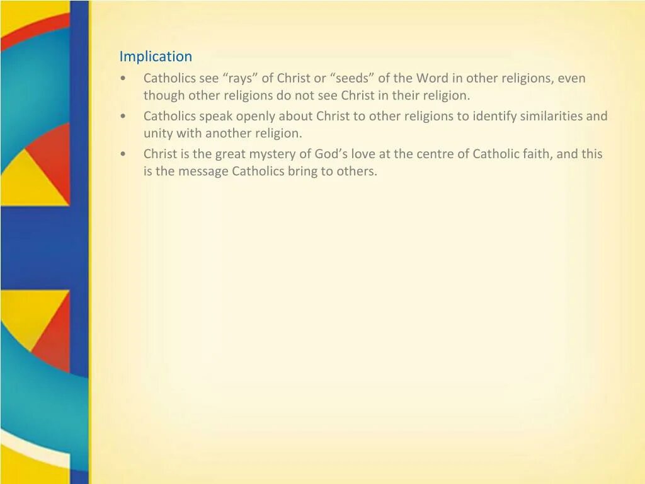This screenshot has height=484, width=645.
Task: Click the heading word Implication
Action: [156, 56]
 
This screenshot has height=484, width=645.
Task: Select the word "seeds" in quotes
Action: [351, 78]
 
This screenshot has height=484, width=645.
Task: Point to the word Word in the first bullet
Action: [432, 78]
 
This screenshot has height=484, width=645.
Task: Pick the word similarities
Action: [552, 116]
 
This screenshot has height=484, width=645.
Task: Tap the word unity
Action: [157, 134]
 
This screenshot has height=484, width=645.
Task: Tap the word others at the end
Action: [357, 171]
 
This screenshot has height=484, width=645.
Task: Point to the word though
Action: [164, 96]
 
